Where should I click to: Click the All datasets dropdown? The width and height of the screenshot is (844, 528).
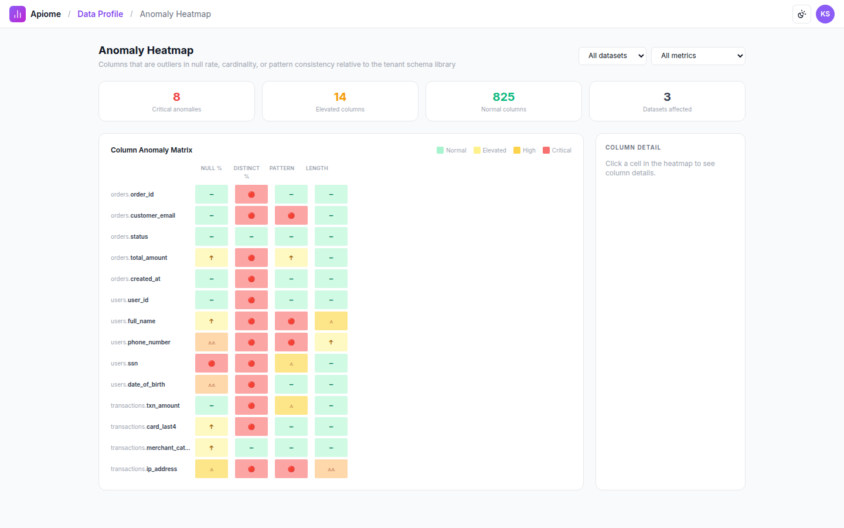pyautogui.click(x=612, y=56)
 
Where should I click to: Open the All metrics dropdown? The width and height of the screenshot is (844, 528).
pyautogui.click(x=698, y=56)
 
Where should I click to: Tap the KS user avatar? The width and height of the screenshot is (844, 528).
pyautogui.click(x=825, y=14)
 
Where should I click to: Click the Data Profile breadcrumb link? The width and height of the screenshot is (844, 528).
pyautogui.click(x=100, y=14)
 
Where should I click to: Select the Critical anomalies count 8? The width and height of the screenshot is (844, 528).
pyautogui.click(x=176, y=97)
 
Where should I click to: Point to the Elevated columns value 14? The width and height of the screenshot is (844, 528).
pyautogui.click(x=340, y=97)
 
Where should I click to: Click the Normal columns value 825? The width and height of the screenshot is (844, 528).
pyautogui.click(x=503, y=97)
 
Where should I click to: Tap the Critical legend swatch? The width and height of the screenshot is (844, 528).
pyautogui.click(x=546, y=150)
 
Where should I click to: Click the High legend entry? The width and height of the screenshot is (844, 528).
pyautogui.click(x=525, y=150)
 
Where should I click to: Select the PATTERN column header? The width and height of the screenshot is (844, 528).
pyautogui.click(x=282, y=168)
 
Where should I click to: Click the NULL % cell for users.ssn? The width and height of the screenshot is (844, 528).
pyautogui.click(x=212, y=363)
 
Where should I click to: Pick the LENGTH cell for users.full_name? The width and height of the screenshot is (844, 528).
pyautogui.click(x=331, y=321)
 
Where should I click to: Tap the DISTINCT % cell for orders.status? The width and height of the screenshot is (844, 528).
pyautogui.click(x=251, y=236)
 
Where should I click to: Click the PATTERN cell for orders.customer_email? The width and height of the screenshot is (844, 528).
pyautogui.click(x=291, y=215)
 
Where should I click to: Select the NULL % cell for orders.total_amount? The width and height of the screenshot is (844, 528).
pyautogui.click(x=212, y=258)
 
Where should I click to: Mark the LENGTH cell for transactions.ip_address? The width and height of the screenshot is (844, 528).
pyautogui.click(x=331, y=469)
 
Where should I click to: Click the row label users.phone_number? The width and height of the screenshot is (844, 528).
pyautogui.click(x=141, y=342)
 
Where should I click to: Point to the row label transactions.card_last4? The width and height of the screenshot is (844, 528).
pyautogui.click(x=143, y=427)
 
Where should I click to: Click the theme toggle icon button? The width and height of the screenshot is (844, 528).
pyautogui.click(x=802, y=14)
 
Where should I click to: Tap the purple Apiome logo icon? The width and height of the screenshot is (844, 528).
pyautogui.click(x=18, y=14)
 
